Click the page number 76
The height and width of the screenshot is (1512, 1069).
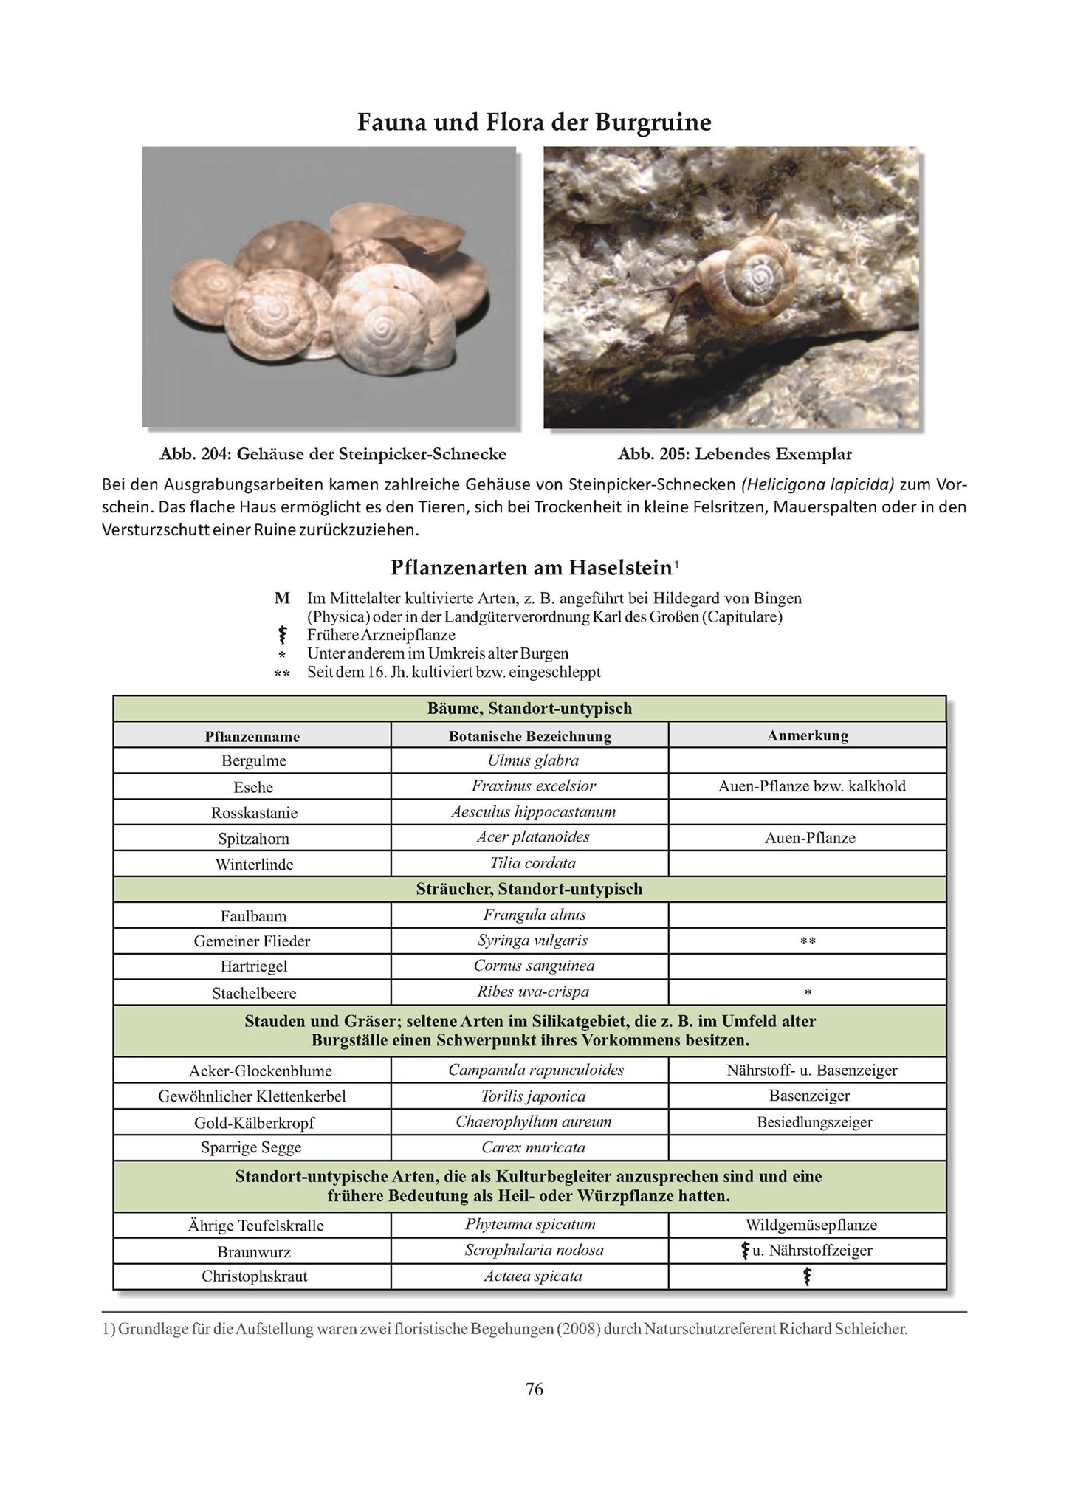[x=534, y=1389]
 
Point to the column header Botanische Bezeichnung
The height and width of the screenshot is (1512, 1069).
[x=529, y=736]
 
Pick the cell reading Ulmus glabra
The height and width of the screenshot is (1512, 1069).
[x=533, y=760]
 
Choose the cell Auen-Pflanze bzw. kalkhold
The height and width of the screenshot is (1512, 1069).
[x=811, y=786]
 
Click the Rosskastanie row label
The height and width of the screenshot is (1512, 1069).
[x=254, y=813]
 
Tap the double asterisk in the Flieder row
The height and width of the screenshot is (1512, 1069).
[x=808, y=942]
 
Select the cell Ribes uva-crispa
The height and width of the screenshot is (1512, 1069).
[x=533, y=992]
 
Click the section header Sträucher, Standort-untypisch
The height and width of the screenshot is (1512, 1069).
[x=529, y=890]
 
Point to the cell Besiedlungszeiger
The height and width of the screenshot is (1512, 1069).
[x=814, y=1122]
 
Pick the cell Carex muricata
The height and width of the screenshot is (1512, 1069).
[x=533, y=1148]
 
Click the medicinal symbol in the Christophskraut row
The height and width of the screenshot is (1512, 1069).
[x=807, y=1276]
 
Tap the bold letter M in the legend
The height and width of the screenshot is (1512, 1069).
[x=282, y=598]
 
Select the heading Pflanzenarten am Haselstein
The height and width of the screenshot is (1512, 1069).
[x=531, y=568]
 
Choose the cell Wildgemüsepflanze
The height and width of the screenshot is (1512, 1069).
[x=811, y=1226]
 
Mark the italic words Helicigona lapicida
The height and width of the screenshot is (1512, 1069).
[x=818, y=485]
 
